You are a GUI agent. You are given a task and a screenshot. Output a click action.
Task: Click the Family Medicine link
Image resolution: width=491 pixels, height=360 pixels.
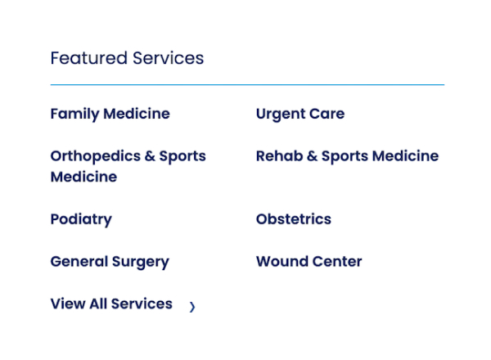coord(110,114)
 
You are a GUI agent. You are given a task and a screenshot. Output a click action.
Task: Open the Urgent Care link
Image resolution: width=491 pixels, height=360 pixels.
coord(300,114)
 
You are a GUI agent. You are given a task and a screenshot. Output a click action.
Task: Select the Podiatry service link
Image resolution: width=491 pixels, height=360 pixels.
coord(80,219)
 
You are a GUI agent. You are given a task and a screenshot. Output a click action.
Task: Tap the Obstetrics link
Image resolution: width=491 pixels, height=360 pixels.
coord(293,219)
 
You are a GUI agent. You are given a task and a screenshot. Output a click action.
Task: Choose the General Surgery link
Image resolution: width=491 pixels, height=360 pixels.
coord(109,262)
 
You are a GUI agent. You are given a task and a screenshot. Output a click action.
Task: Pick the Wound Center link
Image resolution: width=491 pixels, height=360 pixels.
coord(309,262)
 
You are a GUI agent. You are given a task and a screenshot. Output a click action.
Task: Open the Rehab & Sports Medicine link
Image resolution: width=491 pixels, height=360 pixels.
coord(347,156)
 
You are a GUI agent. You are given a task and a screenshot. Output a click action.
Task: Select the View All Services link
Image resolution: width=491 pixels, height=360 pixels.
coord(110,304)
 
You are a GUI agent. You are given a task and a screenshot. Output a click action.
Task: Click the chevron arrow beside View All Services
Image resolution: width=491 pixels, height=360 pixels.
coord(192,308)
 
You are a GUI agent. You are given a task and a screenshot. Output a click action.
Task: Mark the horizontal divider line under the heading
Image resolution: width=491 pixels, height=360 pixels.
coord(247,84)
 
